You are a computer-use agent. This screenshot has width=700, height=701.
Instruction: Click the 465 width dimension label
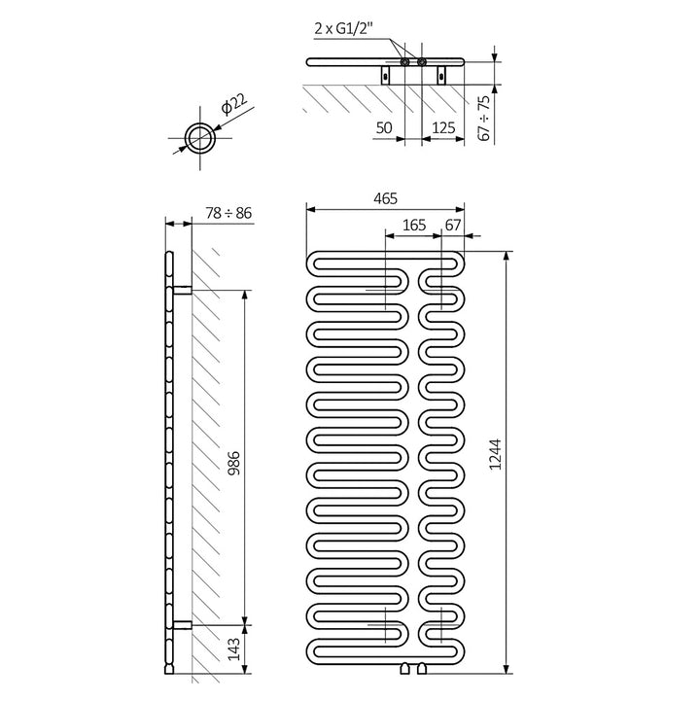coord(385,198)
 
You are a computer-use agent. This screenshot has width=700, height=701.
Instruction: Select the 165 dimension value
coord(414,225)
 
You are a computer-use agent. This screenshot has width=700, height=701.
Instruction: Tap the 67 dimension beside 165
coord(453,225)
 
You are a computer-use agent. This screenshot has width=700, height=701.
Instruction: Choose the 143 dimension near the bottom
coord(233,647)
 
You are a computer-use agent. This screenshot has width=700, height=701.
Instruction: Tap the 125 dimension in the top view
coord(443,127)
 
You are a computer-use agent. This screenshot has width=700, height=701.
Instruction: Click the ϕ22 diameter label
coord(232,105)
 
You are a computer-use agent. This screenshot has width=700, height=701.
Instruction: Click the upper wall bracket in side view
coord(182,289)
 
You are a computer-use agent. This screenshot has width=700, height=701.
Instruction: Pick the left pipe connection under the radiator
coord(405,667)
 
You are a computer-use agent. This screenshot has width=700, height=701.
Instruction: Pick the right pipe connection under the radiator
coord(423,667)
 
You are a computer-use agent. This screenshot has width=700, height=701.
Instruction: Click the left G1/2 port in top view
coord(403,62)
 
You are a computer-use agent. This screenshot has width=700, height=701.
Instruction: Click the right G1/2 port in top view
coord(422,62)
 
